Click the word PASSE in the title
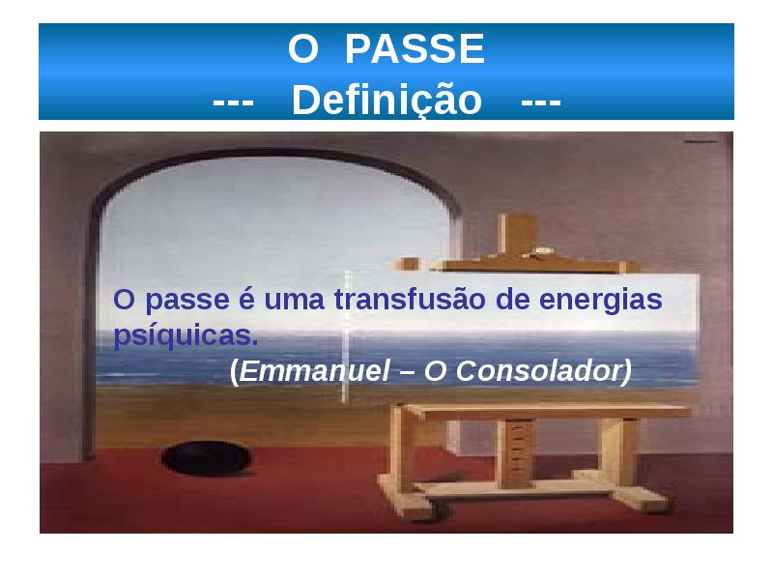click(415, 49)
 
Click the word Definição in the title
click(386, 100)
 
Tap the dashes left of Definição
click(233, 101)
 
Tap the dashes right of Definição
click(540, 101)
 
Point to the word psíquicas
click(186, 336)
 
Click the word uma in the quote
click(296, 301)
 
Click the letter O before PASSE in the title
click(302, 49)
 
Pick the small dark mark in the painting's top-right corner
click(695, 141)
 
